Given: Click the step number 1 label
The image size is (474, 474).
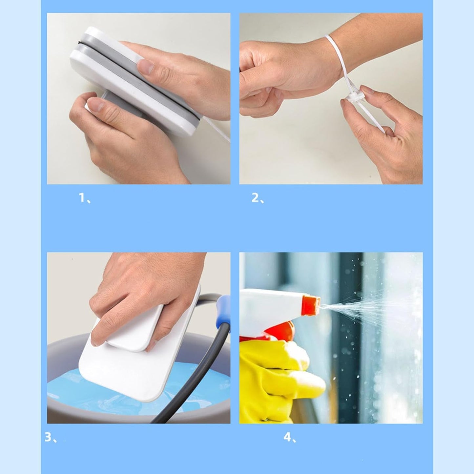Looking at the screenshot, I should click(x=85, y=198).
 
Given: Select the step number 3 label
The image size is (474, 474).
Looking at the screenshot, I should click(x=50, y=437).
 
